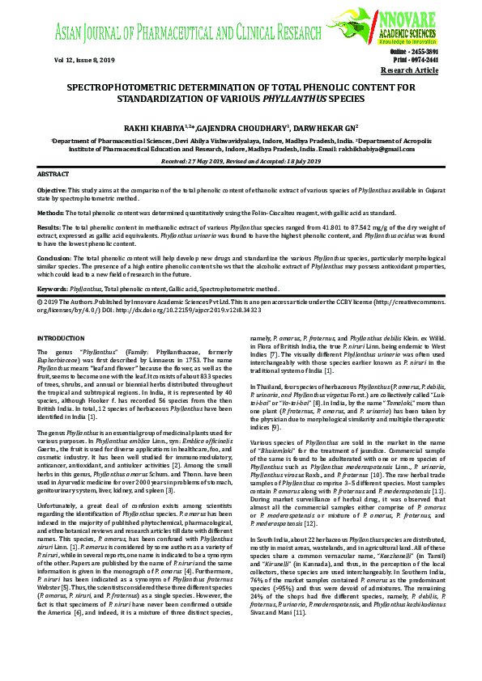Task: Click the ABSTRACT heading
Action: coord(53,175)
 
